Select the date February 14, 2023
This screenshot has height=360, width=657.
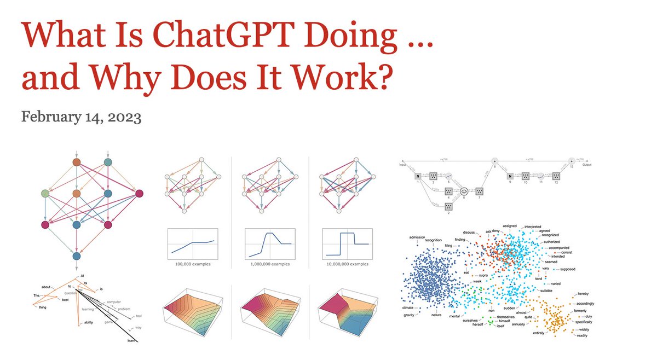click(81, 117)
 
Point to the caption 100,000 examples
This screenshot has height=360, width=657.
click(189, 264)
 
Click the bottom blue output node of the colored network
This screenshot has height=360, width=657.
click(77, 256)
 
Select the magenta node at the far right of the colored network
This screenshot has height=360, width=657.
click(139, 193)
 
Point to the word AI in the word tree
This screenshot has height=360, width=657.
click(83, 276)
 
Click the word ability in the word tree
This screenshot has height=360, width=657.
click(89, 323)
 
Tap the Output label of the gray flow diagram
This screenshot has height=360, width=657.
click(588, 165)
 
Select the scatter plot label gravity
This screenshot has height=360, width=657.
click(410, 315)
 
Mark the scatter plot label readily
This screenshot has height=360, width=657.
click(582, 335)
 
